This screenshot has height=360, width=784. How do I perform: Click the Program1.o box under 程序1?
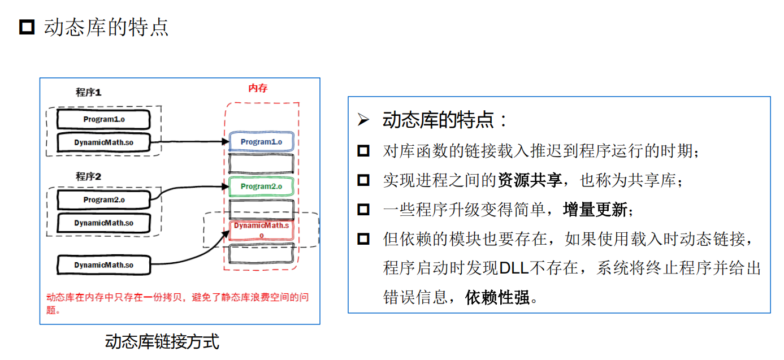tap(103, 119)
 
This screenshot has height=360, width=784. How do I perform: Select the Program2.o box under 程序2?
tap(103, 199)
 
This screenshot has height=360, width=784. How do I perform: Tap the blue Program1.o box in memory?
tap(261, 142)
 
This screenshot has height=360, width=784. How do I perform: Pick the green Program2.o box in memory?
tap(261, 186)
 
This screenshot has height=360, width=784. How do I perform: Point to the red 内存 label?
tap(258, 88)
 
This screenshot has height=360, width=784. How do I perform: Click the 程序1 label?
tap(89, 92)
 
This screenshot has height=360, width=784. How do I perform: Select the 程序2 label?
tap(89, 176)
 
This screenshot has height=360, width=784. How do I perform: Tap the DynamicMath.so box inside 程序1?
tap(103, 142)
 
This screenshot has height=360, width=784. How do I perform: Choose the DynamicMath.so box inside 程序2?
tap(103, 223)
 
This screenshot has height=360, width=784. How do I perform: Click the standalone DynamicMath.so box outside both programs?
tap(103, 265)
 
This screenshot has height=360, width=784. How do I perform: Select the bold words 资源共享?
tap(530, 181)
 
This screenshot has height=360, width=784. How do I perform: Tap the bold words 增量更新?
tap(595, 210)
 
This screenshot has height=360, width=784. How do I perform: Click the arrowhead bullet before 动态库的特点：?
tap(363, 120)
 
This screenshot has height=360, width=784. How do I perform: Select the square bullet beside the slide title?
tap(27, 27)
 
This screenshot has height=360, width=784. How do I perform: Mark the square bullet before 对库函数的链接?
tap(363, 151)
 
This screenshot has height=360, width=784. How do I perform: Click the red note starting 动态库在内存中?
tap(177, 303)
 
